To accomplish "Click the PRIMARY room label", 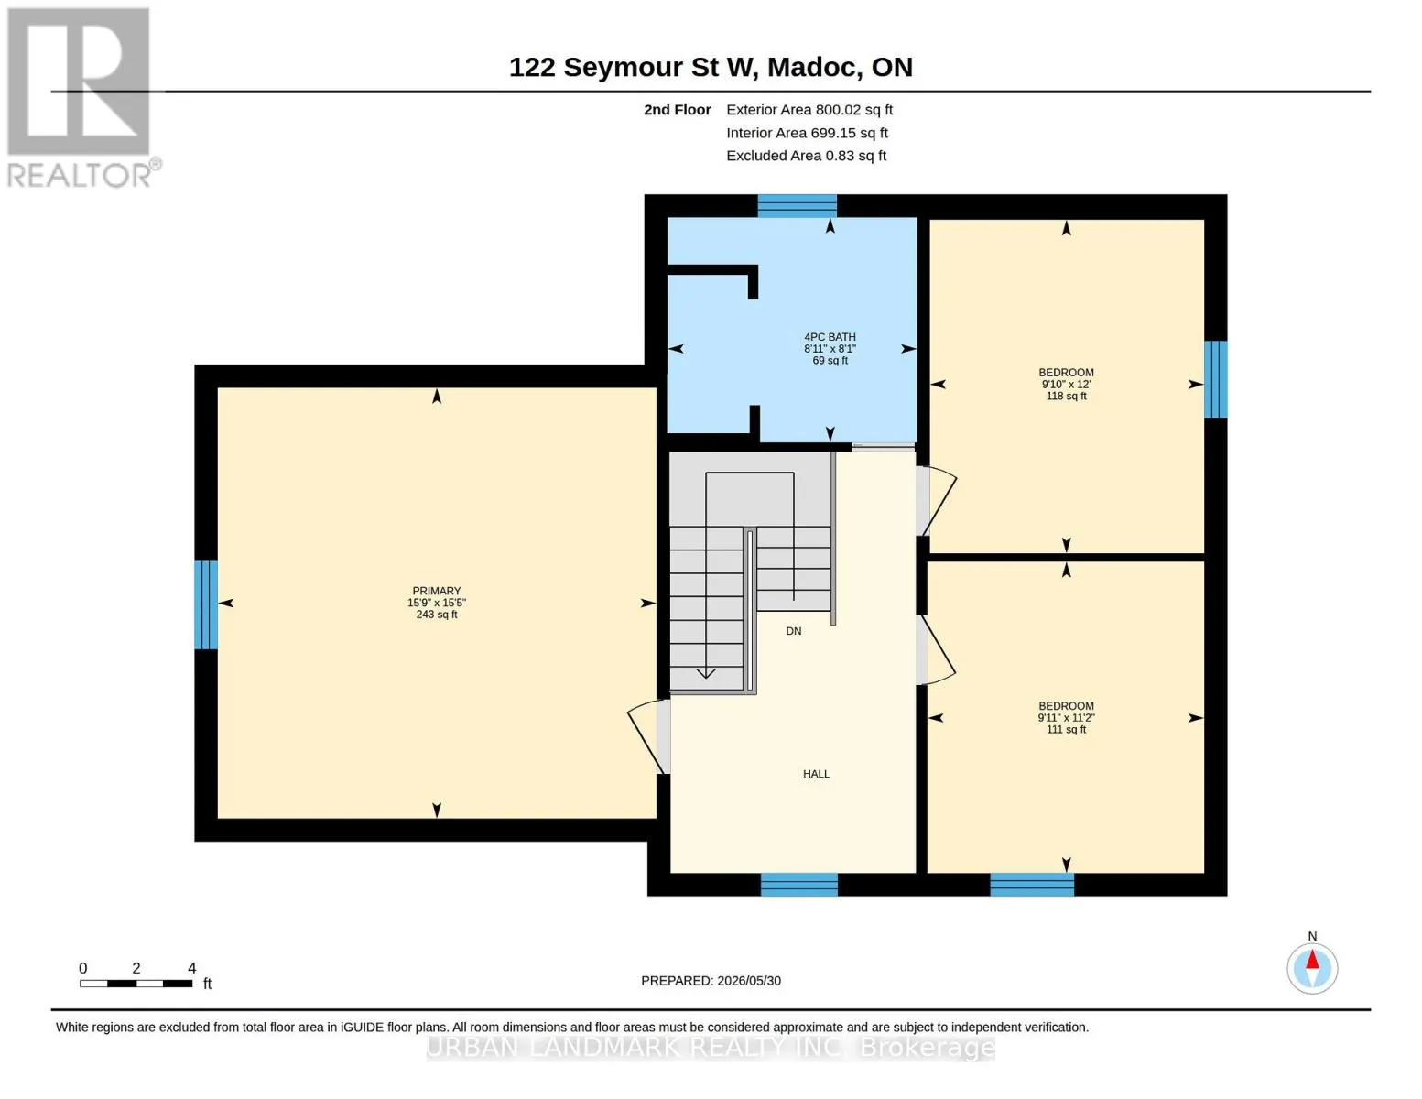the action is click(x=437, y=591).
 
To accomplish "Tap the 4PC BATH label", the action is click(x=830, y=336).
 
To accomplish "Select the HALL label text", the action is click(x=816, y=774).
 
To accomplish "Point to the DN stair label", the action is click(x=793, y=631).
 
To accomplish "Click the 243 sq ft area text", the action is click(x=437, y=614).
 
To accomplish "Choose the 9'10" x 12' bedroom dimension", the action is click(x=1066, y=385).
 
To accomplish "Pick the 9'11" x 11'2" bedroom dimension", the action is click(x=1066, y=717).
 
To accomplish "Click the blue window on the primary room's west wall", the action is click(x=205, y=604).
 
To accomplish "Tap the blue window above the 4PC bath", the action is click(x=797, y=205).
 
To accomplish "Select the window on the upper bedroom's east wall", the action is click(x=1215, y=379).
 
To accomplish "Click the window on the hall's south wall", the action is click(x=799, y=885).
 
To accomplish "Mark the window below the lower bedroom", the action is click(x=1032, y=885).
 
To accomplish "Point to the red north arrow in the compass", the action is click(x=1312, y=960).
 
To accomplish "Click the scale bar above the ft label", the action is click(x=136, y=983).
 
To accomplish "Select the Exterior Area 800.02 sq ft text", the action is click(x=809, y=110).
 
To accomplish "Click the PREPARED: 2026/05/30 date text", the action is click(x=711, y=981).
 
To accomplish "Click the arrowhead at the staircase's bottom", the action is click(x=705, y=673).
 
